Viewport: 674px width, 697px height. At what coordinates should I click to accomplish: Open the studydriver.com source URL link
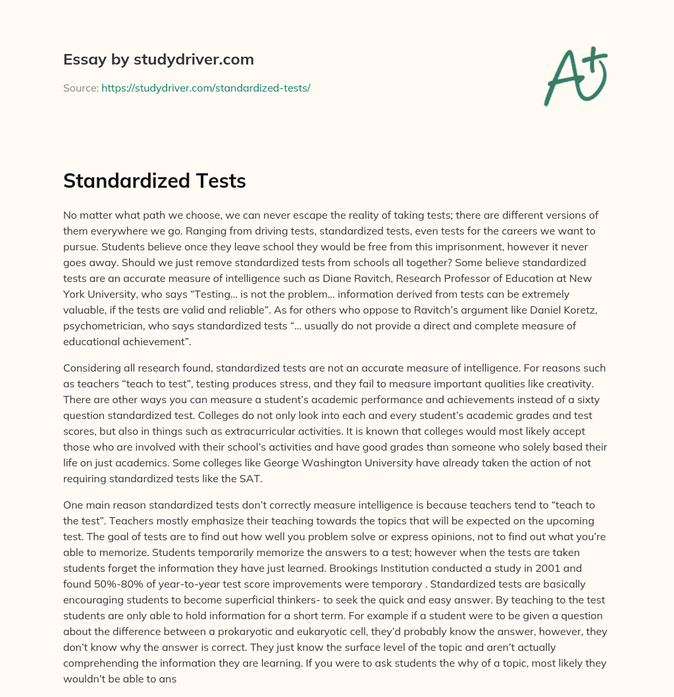(x=205, y=88)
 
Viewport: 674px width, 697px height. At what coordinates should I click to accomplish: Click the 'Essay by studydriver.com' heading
(x=158, y=59)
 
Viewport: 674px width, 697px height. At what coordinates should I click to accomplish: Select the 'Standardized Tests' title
(x=154, y=181)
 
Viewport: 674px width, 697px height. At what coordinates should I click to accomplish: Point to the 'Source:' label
(x=80, y=88)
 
